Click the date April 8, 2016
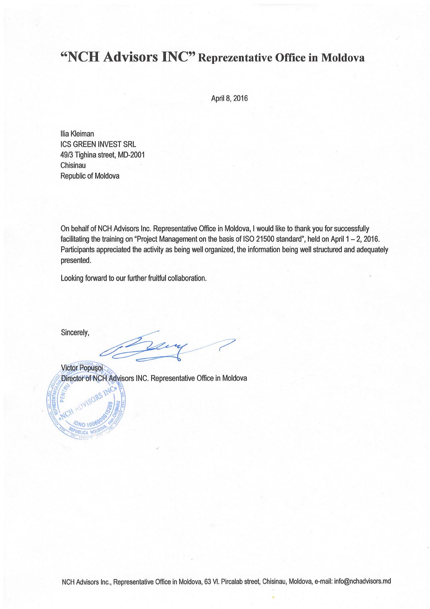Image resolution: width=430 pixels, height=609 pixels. [x=229, y=98]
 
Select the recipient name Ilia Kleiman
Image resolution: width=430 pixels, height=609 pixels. [x=77, y=134]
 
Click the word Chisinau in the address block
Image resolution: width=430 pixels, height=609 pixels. [x=73, y=165]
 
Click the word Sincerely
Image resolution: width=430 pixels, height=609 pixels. [x=75, y=333]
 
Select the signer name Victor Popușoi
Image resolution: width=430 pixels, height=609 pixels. [x=82, y=368]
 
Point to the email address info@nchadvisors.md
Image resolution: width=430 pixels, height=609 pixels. [x=362, y=581]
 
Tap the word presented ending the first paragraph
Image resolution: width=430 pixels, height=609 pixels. [x=76, y=261]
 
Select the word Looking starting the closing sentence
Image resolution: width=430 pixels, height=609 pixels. [x=72, y=278]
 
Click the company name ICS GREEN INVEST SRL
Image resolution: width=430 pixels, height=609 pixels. [x=98, y=145]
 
